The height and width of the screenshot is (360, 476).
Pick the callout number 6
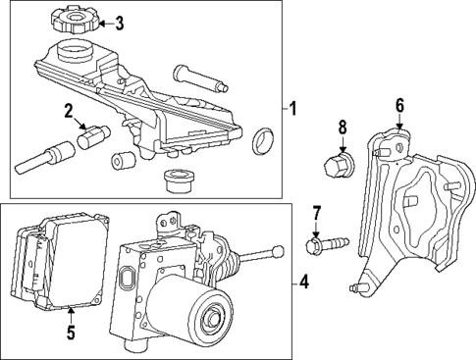(x=399, y=105)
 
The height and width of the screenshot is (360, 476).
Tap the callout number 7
(x=317, y=213)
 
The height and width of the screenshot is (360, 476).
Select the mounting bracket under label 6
(x=406, y=206)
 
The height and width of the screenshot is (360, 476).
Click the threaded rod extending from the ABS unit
(x=258, y=260)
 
